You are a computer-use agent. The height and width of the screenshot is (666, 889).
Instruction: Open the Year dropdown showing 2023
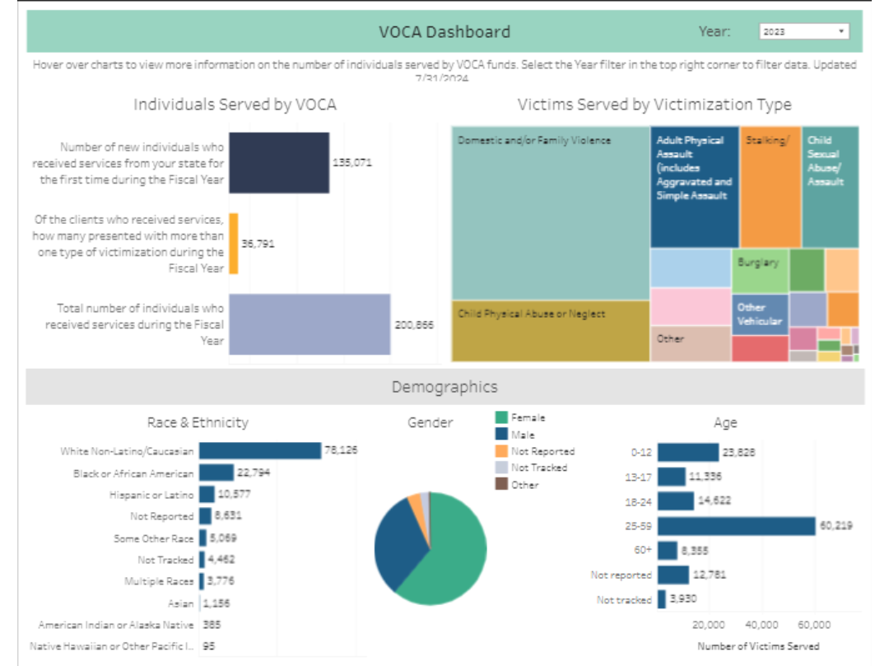[803, 31]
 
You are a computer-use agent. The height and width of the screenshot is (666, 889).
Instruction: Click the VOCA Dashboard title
[444, 32]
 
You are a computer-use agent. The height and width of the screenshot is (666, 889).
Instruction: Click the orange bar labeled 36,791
[234, 244]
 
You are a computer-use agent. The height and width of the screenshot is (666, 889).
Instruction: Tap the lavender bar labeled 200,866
[309, 324]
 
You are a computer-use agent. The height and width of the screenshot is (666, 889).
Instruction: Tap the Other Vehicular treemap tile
[760, 314]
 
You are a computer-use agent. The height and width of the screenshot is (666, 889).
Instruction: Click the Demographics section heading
[444, 387]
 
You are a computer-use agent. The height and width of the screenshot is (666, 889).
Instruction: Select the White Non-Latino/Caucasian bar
[259, 450]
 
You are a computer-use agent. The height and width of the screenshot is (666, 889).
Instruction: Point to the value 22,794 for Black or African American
[253, 473]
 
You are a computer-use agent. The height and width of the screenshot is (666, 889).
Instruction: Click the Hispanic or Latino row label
[151, 495]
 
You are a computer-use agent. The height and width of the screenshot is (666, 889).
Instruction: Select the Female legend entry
[528, 417]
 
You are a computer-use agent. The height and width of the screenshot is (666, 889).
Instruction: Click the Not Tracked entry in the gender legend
[538, 468]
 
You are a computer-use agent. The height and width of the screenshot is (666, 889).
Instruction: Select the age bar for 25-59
[735, 525]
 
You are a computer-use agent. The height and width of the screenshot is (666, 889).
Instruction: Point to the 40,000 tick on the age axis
[761, 624]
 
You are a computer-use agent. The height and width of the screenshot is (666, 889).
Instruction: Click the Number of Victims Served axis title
[758, 645]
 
